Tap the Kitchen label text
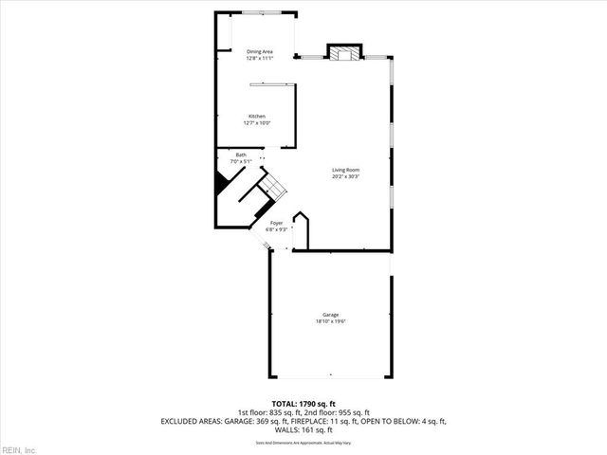257,117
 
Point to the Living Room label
345,170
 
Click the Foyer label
276,223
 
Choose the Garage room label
331,315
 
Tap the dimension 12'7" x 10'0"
257,123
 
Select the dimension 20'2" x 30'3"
345,176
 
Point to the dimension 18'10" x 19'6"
331,321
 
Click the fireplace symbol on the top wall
343,53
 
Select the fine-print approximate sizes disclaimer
303,443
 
